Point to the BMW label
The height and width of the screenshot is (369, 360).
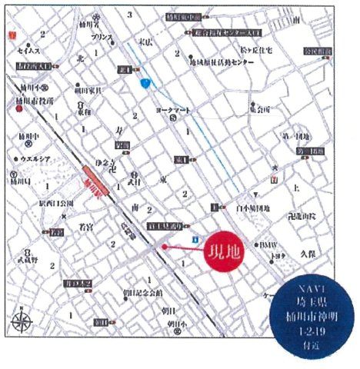point(268,244)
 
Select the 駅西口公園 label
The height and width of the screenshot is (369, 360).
point(56,204)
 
